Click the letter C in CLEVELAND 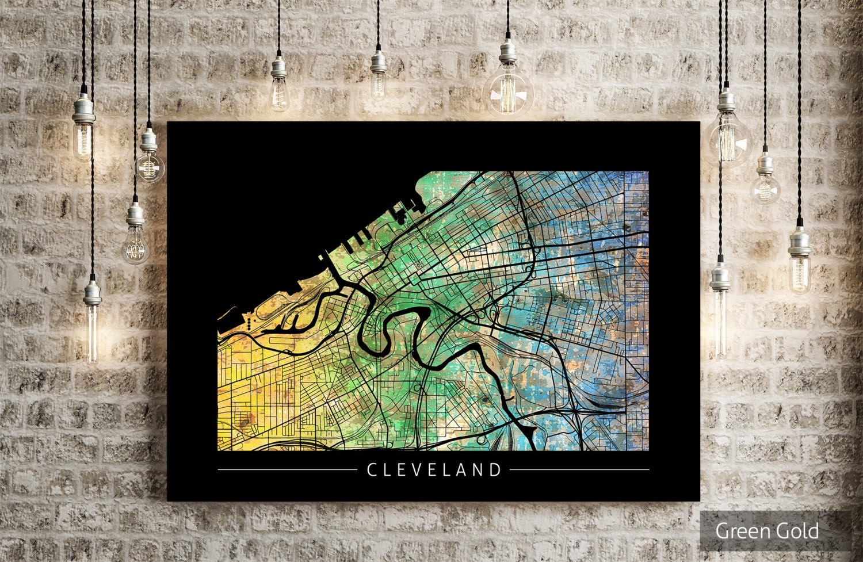coord(372,470)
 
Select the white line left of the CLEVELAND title coord(287,470)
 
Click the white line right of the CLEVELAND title coord(579,470)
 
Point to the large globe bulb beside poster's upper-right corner coord(729,138)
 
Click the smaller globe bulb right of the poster coord(766,187)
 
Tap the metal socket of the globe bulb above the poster coord(508,50)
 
